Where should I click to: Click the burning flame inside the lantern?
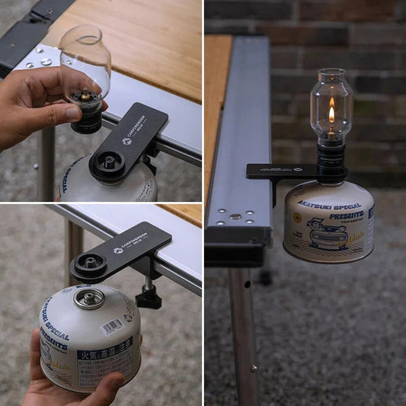tap(331, 113)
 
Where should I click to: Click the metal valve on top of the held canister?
tap(89, 296)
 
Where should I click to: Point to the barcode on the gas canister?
tap(112, 327)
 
